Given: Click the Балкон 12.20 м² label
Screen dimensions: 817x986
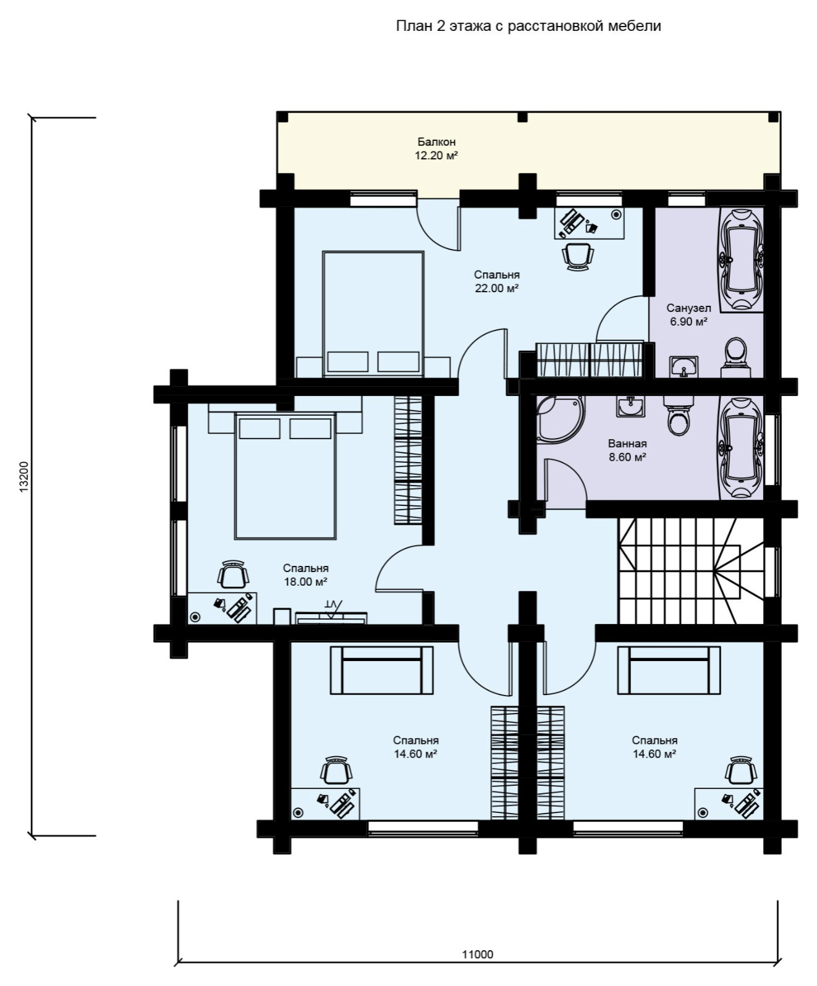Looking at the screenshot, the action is click(436, 149).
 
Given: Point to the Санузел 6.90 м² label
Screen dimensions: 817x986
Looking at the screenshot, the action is click(688, 315).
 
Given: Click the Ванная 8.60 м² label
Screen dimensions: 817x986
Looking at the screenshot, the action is click(627, 450).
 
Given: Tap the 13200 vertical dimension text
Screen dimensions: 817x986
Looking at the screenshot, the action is click(25, 476).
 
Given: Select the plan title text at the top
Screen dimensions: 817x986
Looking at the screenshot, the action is click(528, 26).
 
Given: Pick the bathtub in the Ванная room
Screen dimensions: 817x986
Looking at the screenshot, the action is click(740, 447).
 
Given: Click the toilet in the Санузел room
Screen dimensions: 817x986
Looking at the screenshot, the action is click(736, 357).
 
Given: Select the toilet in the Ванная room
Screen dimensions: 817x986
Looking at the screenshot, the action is click(679, 415).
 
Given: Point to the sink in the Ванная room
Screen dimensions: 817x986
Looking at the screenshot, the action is click(630, 406).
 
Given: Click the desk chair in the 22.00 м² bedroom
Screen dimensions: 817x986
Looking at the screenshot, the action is click(577, 256).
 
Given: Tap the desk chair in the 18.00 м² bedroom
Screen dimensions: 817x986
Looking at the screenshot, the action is click(233, 574).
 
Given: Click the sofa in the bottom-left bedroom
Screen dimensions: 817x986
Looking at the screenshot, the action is click(381, 670).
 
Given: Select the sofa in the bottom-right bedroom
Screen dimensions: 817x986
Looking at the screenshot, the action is click(669, 670).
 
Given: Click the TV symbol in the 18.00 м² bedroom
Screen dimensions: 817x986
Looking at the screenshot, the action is click(332, 609).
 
